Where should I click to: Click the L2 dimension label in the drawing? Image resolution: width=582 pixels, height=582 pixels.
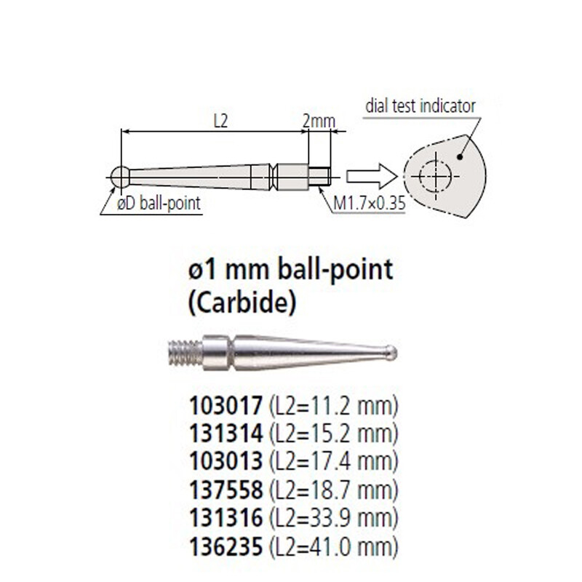pyautogui.click(x=220, y=121)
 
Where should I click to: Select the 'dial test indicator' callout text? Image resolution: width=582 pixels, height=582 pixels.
pyautogui.click(x=420, y=106)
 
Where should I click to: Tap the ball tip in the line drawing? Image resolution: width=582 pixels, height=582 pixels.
pyautogui.click(x=120, y=175)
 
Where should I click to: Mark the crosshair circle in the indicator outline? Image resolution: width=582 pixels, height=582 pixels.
pyautogui.click(x=435, y=175)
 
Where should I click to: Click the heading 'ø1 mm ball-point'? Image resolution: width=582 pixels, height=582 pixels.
pyautogui.click(x=290, y=270)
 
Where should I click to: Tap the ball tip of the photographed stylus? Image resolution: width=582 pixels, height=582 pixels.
pyautogui.click(x=391, y=353)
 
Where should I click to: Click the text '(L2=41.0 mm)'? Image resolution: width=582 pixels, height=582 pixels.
pyautogui.click(x=335, y=545)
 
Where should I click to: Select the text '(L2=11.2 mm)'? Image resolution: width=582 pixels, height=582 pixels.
pyautogui.click(x=335, y=405)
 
